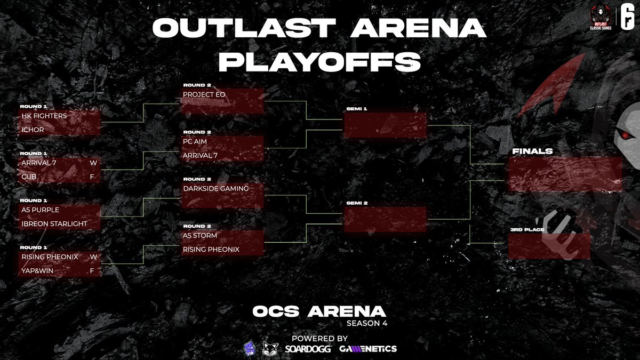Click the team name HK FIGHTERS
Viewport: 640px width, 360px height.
pos(44,116)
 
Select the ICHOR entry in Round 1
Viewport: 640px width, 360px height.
pos(33,130)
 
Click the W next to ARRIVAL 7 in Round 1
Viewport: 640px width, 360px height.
pos(92,163)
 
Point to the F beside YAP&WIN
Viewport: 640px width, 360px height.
pos(92,270)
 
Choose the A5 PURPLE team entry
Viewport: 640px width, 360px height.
pos(41,210)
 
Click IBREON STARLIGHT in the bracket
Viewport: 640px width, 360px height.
pos(54,224)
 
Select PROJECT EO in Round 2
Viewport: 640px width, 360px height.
pos(204,94)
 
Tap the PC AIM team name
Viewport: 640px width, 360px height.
pos(195,141)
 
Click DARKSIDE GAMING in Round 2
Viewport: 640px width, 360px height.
pos(215,188)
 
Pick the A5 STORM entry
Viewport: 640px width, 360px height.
pos(200,235)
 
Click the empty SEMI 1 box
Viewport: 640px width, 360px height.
pos(385,126)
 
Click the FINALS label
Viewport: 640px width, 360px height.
pos(532,151)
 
